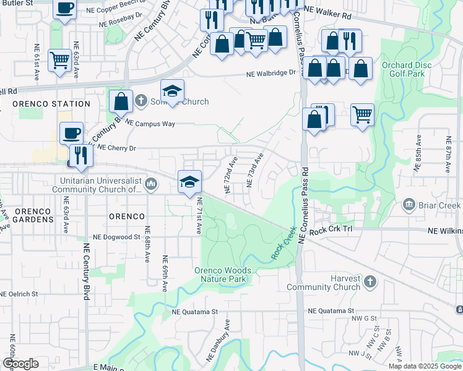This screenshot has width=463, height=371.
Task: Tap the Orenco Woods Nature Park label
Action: point(223,275)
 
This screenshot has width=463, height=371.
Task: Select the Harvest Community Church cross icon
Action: point(370,282)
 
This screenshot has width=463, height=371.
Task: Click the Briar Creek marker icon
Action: point(409,205)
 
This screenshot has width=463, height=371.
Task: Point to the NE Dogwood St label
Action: point(116,237)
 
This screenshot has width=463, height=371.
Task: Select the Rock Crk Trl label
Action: point(331,231)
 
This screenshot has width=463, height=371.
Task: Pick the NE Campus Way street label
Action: point(150,124)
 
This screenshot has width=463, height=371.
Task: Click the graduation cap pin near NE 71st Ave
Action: point(189,181)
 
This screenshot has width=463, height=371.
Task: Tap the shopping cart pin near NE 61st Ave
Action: point(59,61)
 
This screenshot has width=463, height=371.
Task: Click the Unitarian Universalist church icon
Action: point(152,184)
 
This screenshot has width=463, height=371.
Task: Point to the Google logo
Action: point(20,364)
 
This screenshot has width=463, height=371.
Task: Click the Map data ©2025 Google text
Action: point(424,366)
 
